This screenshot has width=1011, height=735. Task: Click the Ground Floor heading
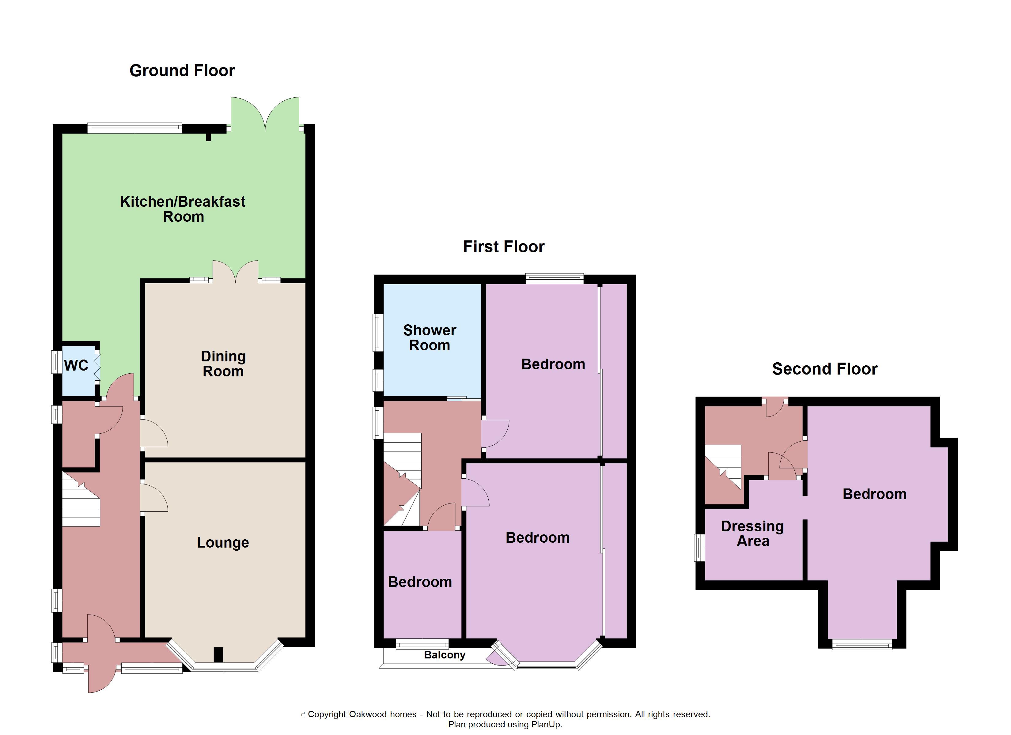182,71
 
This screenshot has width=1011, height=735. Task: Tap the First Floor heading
503,247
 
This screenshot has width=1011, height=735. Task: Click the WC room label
76,365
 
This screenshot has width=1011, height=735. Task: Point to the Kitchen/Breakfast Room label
183,209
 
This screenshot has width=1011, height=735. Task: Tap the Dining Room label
223,364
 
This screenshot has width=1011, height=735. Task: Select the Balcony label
445,655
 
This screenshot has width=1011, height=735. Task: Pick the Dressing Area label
752,533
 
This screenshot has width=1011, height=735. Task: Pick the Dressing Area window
699,548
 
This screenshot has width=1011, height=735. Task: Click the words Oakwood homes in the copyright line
382,714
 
